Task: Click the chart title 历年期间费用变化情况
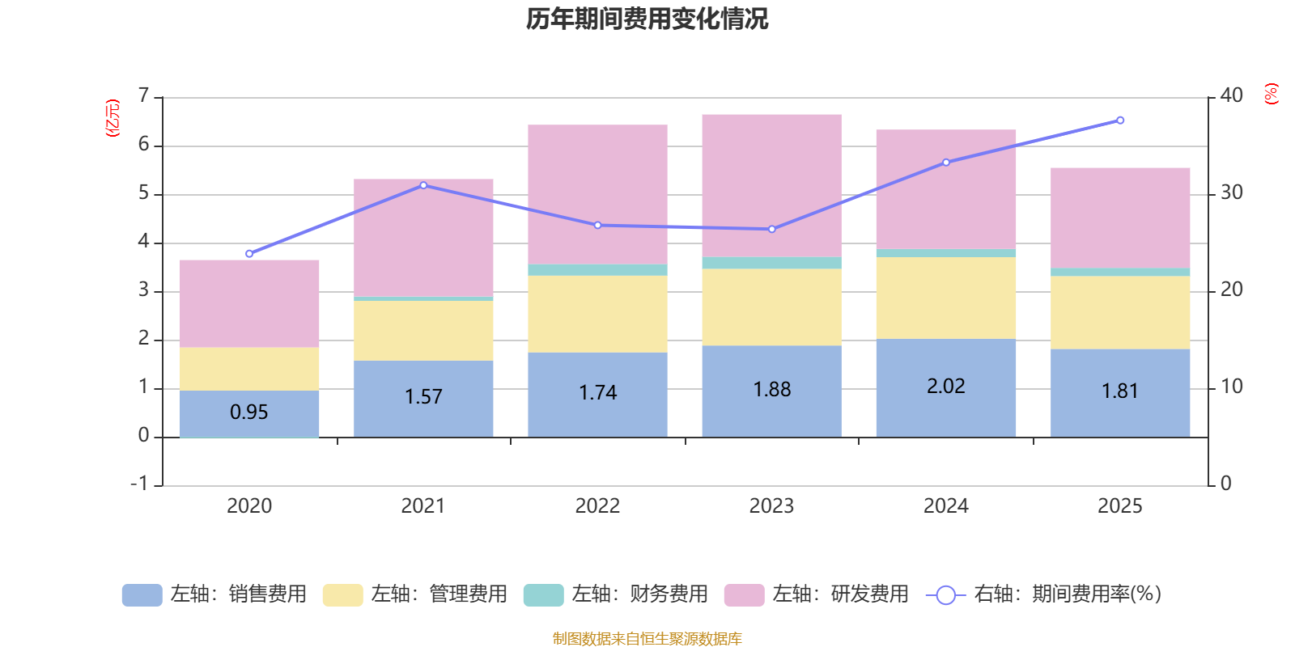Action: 647,19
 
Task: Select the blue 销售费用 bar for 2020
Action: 249,413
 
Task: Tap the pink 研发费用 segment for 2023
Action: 771,185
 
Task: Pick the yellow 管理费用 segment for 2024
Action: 945,298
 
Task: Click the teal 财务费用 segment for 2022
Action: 597,270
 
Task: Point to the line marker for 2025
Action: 1120,121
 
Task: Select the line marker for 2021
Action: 423,185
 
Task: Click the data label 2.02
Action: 945,386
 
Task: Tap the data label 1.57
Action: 423,396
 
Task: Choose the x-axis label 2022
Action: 597,506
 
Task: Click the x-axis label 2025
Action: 1119,506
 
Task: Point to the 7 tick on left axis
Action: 144,96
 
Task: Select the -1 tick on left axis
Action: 140,484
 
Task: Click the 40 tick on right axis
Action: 1231,95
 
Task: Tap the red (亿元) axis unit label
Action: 113,118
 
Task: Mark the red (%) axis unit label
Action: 1271,94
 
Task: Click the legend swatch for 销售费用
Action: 142,594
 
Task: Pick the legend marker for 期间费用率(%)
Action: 945,595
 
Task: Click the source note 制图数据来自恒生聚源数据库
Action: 647,639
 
